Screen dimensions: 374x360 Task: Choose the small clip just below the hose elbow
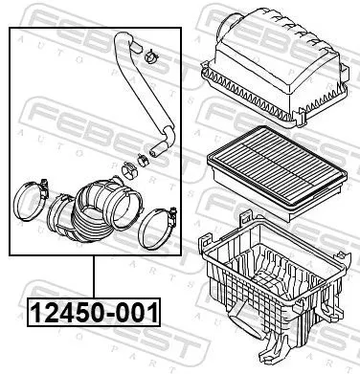point(143,157)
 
